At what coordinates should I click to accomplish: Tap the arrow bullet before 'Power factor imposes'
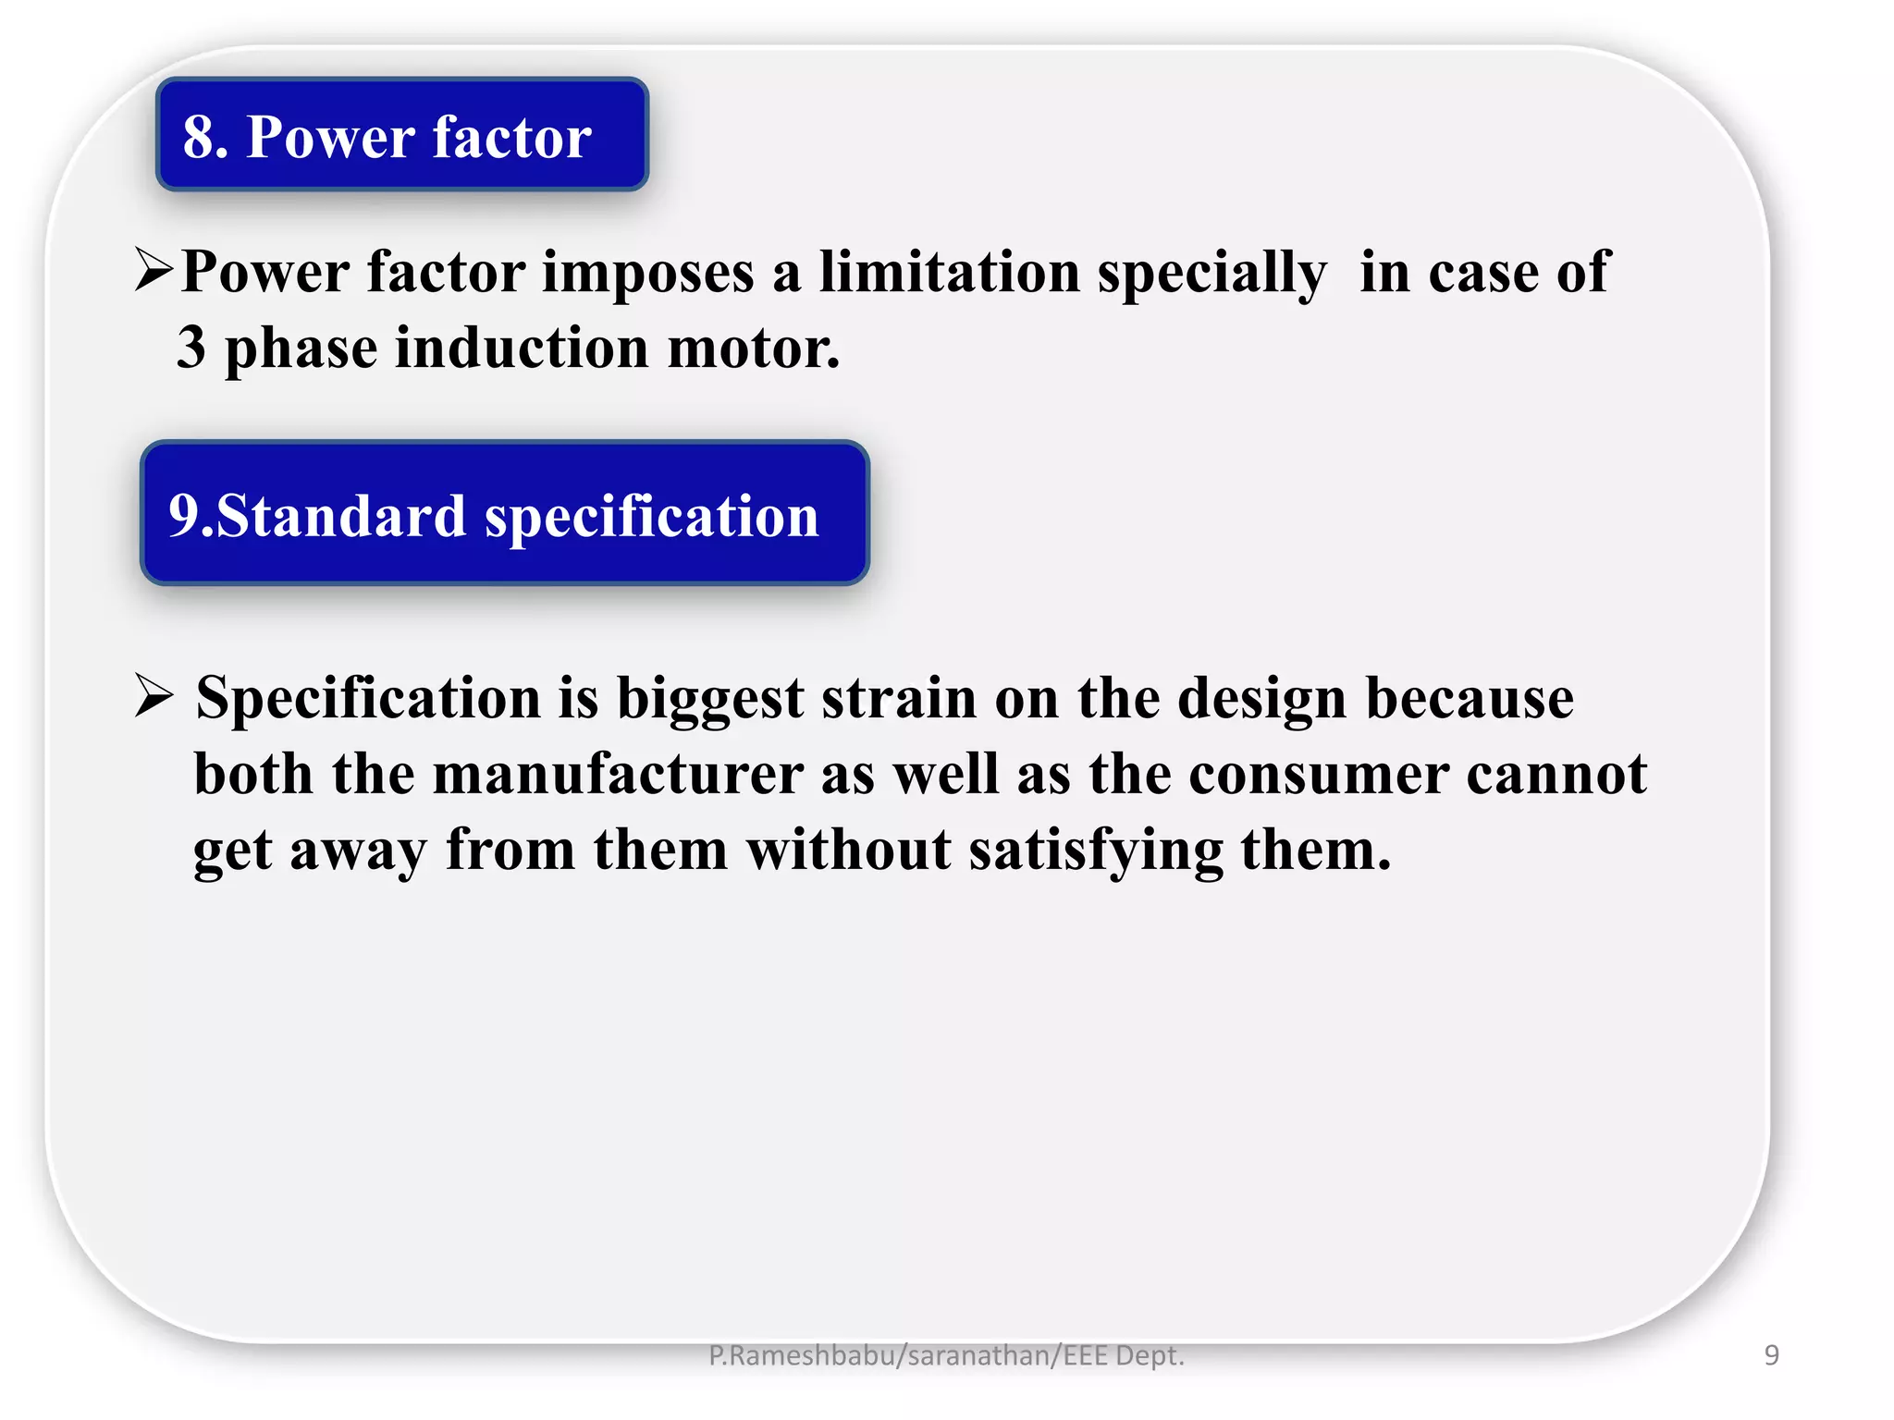154,270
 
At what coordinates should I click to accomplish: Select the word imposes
647,274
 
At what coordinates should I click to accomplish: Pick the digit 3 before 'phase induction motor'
191,348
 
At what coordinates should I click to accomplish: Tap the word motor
753,348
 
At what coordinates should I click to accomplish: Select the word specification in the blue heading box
652,518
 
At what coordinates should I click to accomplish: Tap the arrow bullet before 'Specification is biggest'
154,695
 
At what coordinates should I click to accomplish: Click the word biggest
709,699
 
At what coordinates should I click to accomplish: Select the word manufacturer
618,774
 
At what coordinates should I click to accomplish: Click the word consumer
1318,774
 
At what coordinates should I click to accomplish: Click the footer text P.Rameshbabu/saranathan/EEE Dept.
946,1355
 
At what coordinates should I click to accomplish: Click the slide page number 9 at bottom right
1771,1355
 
